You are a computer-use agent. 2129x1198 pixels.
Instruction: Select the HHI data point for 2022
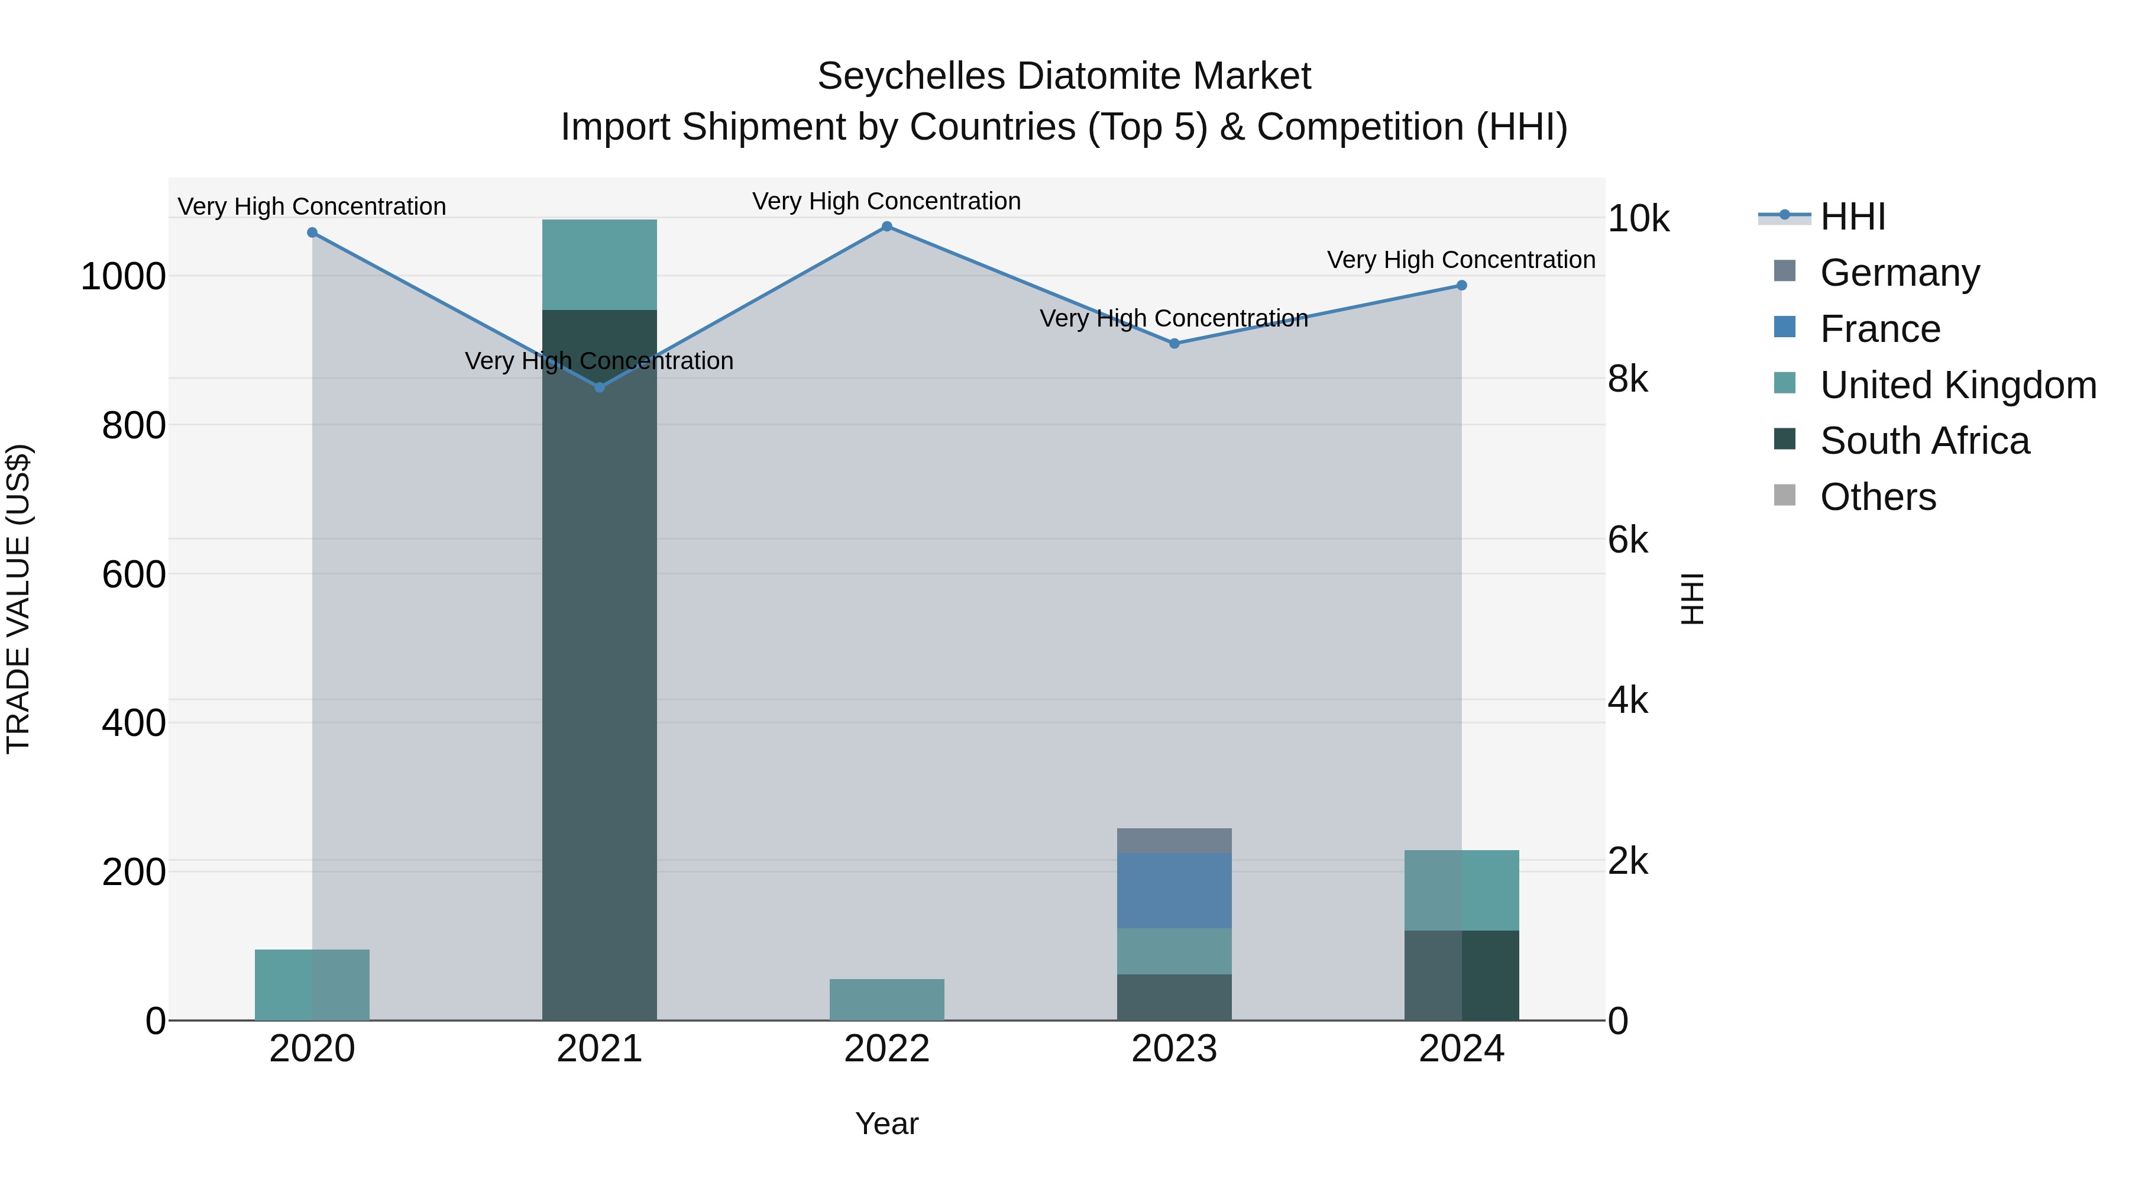click(x=887, y=227)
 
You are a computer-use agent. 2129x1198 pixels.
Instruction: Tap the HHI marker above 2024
click(x=1461, y=285)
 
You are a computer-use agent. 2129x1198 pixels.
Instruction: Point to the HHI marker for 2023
click(x=1174, y=343)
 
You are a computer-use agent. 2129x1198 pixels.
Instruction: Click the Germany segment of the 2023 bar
click(x=1174, y=841)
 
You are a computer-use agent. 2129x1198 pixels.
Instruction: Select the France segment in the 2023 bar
click(x=1174, y=890)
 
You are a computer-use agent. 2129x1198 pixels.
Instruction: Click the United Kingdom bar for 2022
click(x=887, y=1000)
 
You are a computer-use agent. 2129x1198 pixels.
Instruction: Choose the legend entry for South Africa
click(x=1923, y=441)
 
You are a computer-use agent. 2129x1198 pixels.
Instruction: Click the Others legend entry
click(x=1877, y=497)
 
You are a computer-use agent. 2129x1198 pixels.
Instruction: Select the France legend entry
click(x=1879, y=329)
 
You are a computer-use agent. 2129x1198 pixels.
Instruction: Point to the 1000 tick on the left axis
click(x=123, y=276)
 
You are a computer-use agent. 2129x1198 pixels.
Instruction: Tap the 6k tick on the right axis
click(x=1628, y=540)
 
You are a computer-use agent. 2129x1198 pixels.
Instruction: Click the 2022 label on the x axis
click(x=887, y=1049)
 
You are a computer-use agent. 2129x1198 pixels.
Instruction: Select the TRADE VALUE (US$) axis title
click(x=18, y=599)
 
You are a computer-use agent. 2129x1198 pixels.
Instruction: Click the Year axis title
click(x=887, y=1123)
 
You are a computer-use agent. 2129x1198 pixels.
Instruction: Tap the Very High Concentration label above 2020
click(x=312, y=206)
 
